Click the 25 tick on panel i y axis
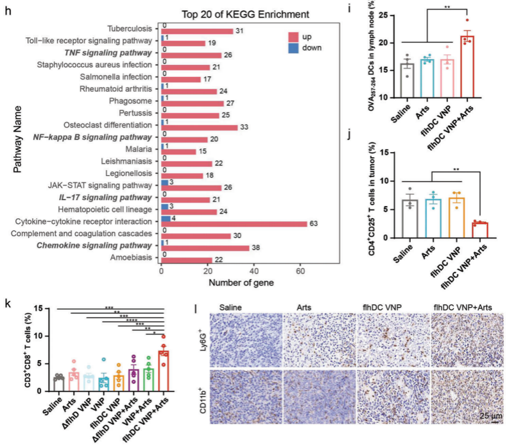pos(385,15)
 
